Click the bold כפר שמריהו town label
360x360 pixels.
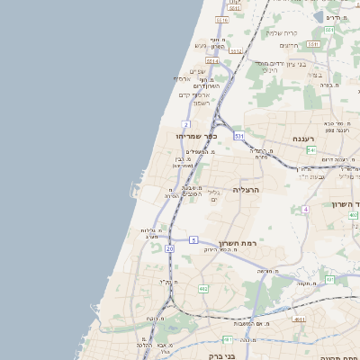point(199,136)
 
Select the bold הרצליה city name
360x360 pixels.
point(246,190)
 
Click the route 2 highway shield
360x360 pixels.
point(184,124)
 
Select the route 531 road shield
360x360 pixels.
point(238,135)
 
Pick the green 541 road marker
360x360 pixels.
point(310,150)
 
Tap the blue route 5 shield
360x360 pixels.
point(193,239)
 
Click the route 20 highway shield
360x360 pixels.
point(169,247)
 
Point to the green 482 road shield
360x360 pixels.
point(203,289)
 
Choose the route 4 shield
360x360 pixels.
point(305,209)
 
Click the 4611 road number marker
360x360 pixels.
point(300,319)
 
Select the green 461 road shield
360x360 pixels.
point(229,339)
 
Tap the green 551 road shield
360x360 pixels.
point(329,30)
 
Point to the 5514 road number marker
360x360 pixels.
point(211,61)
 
